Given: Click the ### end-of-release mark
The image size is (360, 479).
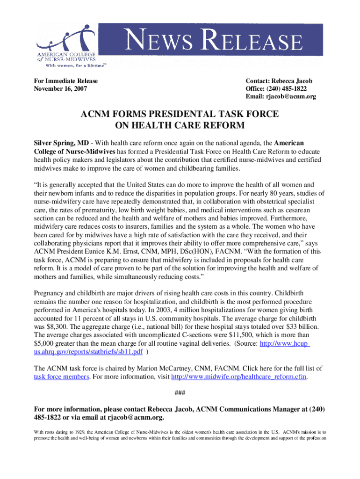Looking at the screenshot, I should coord(180,392).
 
